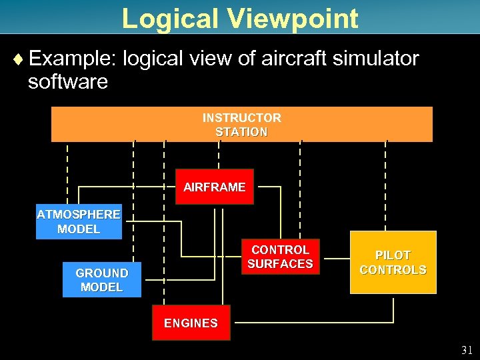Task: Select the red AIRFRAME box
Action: tap(214, 187)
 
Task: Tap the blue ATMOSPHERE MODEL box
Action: tap(79, 222)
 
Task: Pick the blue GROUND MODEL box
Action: tap(101, 280)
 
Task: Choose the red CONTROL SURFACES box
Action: tap(280, 257)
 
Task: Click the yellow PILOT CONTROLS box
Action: tap(393, 263)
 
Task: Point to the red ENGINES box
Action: tap(191, 323)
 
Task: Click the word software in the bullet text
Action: tap(67, 82)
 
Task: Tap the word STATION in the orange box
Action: tap(241, 132)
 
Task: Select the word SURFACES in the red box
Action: tap(280, 264)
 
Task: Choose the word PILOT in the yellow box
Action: tap(393, 255)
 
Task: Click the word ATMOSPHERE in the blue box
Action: tap(79, 215)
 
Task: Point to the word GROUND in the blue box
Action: tap(101, 273)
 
